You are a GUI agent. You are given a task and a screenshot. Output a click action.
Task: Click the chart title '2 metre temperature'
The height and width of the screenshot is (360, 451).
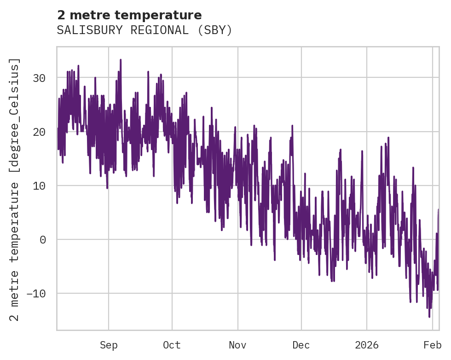click(129, 15)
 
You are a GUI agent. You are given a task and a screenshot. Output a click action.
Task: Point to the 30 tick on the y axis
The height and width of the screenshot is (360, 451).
click(40, 78)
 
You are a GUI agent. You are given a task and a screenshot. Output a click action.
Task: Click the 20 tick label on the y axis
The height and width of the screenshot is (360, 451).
click(40, 132)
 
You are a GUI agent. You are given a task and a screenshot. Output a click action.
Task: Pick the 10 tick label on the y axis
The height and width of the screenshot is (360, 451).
click(40, 186)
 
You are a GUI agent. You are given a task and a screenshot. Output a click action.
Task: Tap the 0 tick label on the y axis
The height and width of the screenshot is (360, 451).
click(42, 239)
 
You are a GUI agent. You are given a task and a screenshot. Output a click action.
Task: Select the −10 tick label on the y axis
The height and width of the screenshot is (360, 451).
click(36, 293)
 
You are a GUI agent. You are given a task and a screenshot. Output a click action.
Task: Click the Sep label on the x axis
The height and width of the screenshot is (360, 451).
click(109, 345)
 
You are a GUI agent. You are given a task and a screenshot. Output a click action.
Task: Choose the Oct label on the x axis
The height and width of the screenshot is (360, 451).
click(172, 345)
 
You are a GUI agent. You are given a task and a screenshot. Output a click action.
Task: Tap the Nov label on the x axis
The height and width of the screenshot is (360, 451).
click(238, 345)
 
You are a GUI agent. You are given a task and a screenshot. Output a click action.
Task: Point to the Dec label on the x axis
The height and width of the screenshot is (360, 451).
click(301, 345)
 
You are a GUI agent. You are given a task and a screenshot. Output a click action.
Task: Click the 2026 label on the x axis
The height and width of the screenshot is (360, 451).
click(367, 345)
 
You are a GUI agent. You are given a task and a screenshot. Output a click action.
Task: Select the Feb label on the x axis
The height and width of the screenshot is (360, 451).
click(433, 345)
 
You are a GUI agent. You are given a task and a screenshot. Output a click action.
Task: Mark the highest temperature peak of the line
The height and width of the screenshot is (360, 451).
click(121, 59)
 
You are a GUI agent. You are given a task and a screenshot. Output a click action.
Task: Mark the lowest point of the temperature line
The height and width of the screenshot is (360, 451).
click(429, 317)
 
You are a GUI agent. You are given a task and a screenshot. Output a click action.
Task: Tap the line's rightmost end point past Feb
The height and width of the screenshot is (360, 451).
click(439, 209)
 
